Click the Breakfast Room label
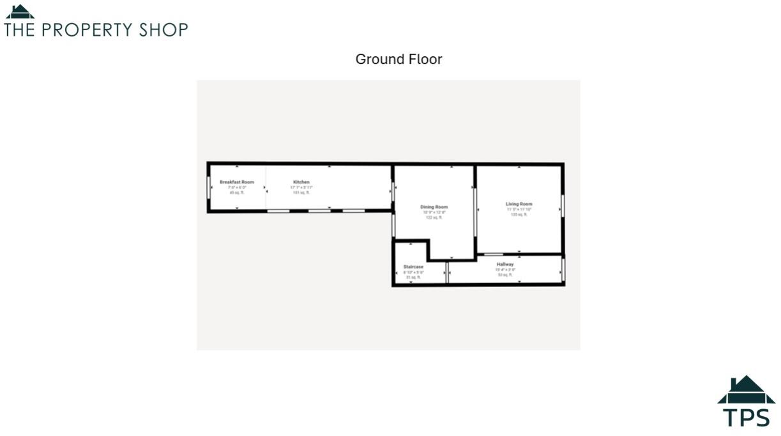pos(237,182)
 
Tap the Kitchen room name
pos(301,182)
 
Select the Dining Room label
pos(434,207)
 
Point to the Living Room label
pos(519,205)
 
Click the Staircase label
pos(413,267)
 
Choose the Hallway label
pos(505,264)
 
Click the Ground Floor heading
pos(398,59)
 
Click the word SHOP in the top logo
pos(164,30)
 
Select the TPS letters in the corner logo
pos(747,417)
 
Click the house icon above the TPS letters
pos(746,390)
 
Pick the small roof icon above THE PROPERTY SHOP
pos(20,12)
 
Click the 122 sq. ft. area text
pos(434,218)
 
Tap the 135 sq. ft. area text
pos(519,215)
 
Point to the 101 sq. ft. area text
pos(301,192)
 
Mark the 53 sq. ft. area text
pos(505,275)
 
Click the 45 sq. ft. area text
pos(237,192)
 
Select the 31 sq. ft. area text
pos(413,277)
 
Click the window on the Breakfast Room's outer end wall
pos(209,187)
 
